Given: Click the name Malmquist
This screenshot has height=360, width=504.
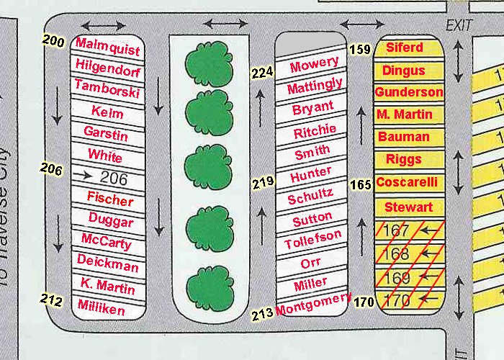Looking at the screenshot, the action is (x=108, y=47).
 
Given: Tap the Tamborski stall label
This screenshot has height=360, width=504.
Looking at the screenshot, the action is (x=107, y=89).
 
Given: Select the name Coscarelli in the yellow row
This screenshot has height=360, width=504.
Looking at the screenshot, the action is (x=407, y=182).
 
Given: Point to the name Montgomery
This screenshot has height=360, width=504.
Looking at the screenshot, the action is (x=313, y=304).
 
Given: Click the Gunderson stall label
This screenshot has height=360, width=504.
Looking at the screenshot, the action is (x=409, y=92).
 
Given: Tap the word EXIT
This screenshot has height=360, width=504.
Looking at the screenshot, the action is (x=459, y=25).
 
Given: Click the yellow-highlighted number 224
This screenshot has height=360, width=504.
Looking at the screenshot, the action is (x=262, y=73).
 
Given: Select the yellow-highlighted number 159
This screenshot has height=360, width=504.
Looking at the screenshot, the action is (x=360, y=49).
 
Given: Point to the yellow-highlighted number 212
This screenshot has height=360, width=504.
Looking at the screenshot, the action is (x=51, y=300).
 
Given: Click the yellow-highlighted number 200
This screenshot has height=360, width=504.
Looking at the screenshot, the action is (x=53, y=41).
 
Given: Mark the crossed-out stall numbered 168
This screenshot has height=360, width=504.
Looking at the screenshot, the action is (x=410, y=254).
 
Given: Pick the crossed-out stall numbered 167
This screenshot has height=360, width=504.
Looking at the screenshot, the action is (x=410, y=230).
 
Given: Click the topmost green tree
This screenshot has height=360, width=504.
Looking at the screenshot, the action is (x=209, y=63).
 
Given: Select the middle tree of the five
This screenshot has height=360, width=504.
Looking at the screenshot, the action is (x=208, y=166).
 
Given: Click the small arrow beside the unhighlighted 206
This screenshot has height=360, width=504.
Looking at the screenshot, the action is (x=82, y=175).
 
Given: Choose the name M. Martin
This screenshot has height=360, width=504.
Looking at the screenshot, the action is (x=405, y=114).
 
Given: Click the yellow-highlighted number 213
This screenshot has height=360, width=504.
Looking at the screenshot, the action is (x=262, y=314).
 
